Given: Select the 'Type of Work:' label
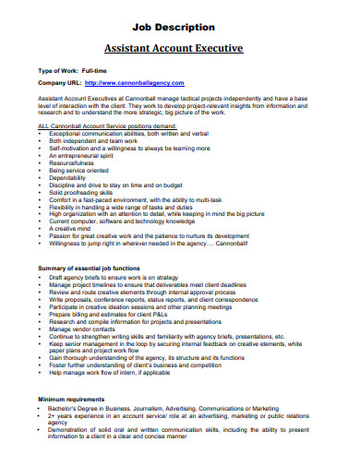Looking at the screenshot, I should tap(57, 71).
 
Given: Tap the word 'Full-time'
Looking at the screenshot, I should tap(97, 71).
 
